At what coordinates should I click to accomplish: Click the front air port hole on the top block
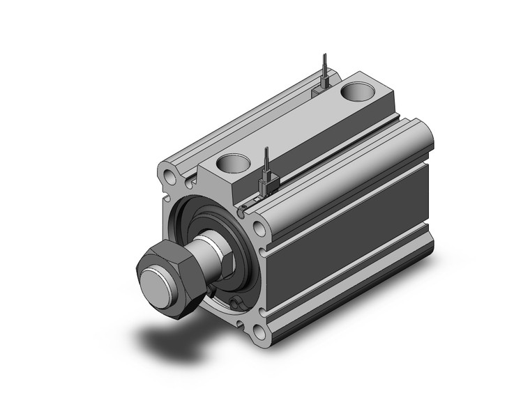click(x=232, y=163)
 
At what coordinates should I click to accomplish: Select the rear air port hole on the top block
click(x=359, y=91)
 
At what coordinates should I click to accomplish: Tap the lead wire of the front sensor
click(x=266, y=162)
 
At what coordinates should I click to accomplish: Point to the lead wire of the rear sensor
click(x=324, y=67)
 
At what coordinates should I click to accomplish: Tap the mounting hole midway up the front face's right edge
click(x=259, y=229)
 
